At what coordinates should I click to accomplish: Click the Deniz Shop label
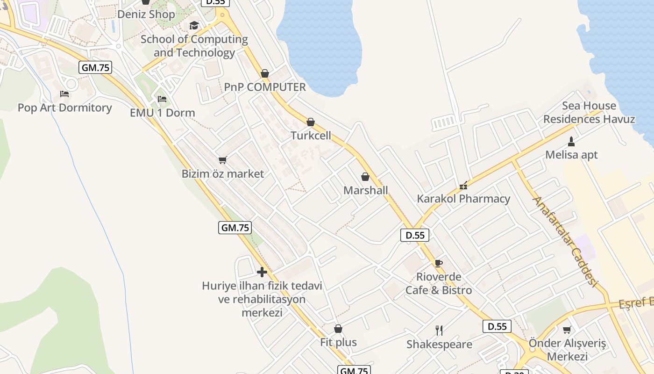coord(146,14)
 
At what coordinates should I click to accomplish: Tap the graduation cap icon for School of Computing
coord(194,25)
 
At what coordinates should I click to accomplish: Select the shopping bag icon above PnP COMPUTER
coord(265,73)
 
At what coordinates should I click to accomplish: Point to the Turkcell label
coord(311,136)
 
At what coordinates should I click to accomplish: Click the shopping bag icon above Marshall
coord(365,177)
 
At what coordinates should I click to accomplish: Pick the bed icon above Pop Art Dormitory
coord(64,94)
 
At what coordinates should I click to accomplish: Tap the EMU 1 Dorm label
coord(162,113)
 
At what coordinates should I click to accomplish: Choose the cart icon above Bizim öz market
coord(223,160)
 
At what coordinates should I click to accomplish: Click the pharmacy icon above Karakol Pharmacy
coord(463,186)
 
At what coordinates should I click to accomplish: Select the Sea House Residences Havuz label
coord(589,112)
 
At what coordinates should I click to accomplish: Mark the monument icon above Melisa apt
coord(571,141)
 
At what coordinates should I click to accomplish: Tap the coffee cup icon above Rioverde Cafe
coord(438,263)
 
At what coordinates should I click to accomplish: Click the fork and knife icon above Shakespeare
coord(439,331)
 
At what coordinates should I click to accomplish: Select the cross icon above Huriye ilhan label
coord(262,272)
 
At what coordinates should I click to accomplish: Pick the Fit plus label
coord(338,342)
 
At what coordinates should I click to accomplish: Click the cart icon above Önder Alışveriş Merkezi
coord(567,330)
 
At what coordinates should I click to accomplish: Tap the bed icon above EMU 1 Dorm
coord(162,99)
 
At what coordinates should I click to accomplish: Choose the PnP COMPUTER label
coord(265,87)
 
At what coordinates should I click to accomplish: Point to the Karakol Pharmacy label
coord(463,199)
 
